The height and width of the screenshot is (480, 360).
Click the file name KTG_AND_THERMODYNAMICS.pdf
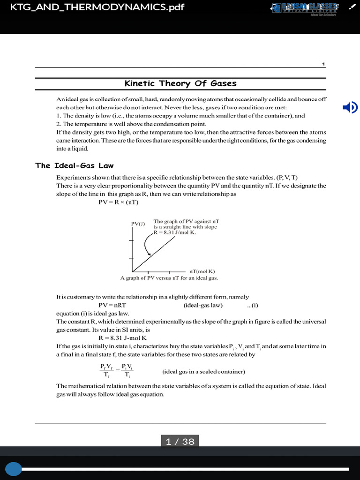[94, 7]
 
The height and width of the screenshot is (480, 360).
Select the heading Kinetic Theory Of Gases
[180, 83]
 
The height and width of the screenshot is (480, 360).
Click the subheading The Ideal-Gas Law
[75, 165]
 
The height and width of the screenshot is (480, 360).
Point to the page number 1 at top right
[323, 64]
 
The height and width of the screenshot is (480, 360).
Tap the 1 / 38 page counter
[180, 442]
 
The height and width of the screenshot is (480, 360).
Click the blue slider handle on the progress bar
[14, 468]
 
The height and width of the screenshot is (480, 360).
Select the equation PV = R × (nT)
[119, 202]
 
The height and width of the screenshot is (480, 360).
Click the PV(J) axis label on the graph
[138, 224]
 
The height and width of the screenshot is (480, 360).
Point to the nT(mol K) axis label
[202, 271]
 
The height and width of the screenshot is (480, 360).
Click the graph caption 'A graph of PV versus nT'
[169, 277]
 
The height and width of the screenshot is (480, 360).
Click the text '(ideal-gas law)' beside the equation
[203, 305]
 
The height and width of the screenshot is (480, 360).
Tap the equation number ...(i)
[253, 305]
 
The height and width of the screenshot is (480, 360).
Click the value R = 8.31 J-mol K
[123, 337]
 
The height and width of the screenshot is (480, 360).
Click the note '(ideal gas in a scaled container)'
[204, 372]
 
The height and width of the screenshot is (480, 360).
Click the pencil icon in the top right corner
[351, 7]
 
